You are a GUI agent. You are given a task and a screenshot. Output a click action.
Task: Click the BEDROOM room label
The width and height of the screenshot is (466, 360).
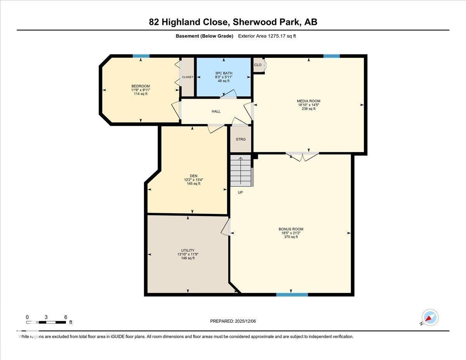[x=141, y=86]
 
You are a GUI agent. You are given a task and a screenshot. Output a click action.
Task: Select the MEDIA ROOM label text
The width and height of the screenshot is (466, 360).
[x=309, y=101]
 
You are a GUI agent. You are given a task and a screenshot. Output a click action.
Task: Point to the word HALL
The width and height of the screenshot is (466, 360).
[x=216, y=111]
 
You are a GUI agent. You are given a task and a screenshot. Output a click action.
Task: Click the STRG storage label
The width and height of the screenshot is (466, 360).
[x=241, y=139]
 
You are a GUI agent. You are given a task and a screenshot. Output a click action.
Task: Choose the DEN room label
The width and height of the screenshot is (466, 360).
[x=193, y=176]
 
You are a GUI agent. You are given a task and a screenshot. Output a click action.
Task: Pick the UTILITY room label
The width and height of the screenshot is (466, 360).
[x=188, y=250]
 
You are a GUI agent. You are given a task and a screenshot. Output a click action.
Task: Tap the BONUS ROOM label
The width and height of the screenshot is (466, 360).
[x=291, y=229]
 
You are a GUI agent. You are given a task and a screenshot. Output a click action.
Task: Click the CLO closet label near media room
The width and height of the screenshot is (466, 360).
[x=258, y=65]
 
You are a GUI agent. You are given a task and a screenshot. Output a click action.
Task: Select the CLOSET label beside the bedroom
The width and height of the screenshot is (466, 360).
[x=188, y=77]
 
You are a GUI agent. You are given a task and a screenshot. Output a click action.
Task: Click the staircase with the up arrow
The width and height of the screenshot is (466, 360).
[x=240, y=170]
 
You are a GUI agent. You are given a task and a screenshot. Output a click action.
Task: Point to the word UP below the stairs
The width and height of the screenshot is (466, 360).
[x=240, y=192]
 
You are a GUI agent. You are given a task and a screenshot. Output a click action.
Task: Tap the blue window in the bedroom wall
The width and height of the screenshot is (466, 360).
[x=141, y=56]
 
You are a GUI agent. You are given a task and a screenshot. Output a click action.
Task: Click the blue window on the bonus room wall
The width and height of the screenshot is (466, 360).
[x=292, y=295]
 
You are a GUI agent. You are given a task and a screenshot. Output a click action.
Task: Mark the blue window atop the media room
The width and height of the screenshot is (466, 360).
[x=331, y=56]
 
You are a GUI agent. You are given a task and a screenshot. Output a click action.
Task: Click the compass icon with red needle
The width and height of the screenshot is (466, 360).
[x=430, y=318]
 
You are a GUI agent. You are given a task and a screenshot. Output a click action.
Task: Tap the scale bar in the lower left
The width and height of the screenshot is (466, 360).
[x=46, y=322]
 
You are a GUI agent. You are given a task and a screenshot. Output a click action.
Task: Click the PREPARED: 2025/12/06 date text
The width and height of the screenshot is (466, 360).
[x=233, y=321]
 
